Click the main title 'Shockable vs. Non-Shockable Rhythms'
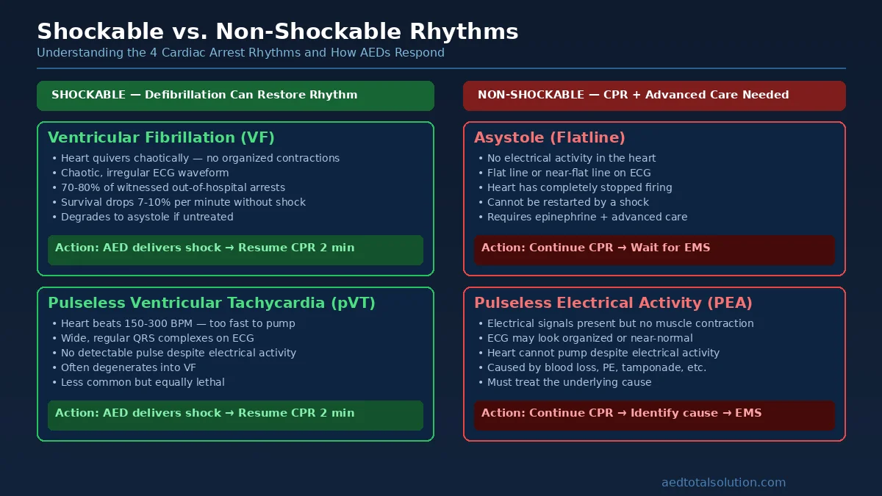[277, 32]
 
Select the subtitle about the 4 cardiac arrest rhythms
[240, 53]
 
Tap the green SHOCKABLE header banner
[235, 96]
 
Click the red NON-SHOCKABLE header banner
[654, 96]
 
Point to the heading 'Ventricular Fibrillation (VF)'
[161, 137]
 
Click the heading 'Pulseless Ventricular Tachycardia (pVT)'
[212, 303]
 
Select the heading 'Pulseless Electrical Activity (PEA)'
[613, 303]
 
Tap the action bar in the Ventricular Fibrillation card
[235, 249]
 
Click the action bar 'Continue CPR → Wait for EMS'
[654, 249]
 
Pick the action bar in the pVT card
[235, 414]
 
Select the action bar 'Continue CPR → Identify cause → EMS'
[654, 414]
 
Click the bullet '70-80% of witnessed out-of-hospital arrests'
[173, 187]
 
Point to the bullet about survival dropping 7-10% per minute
[183, 202]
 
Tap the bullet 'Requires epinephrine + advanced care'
[587, 217]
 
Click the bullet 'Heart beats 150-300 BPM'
[178, 323]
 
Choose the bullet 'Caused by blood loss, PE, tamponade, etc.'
[596, 367]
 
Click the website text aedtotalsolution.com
[723, 483]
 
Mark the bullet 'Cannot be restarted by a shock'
[568, 202]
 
